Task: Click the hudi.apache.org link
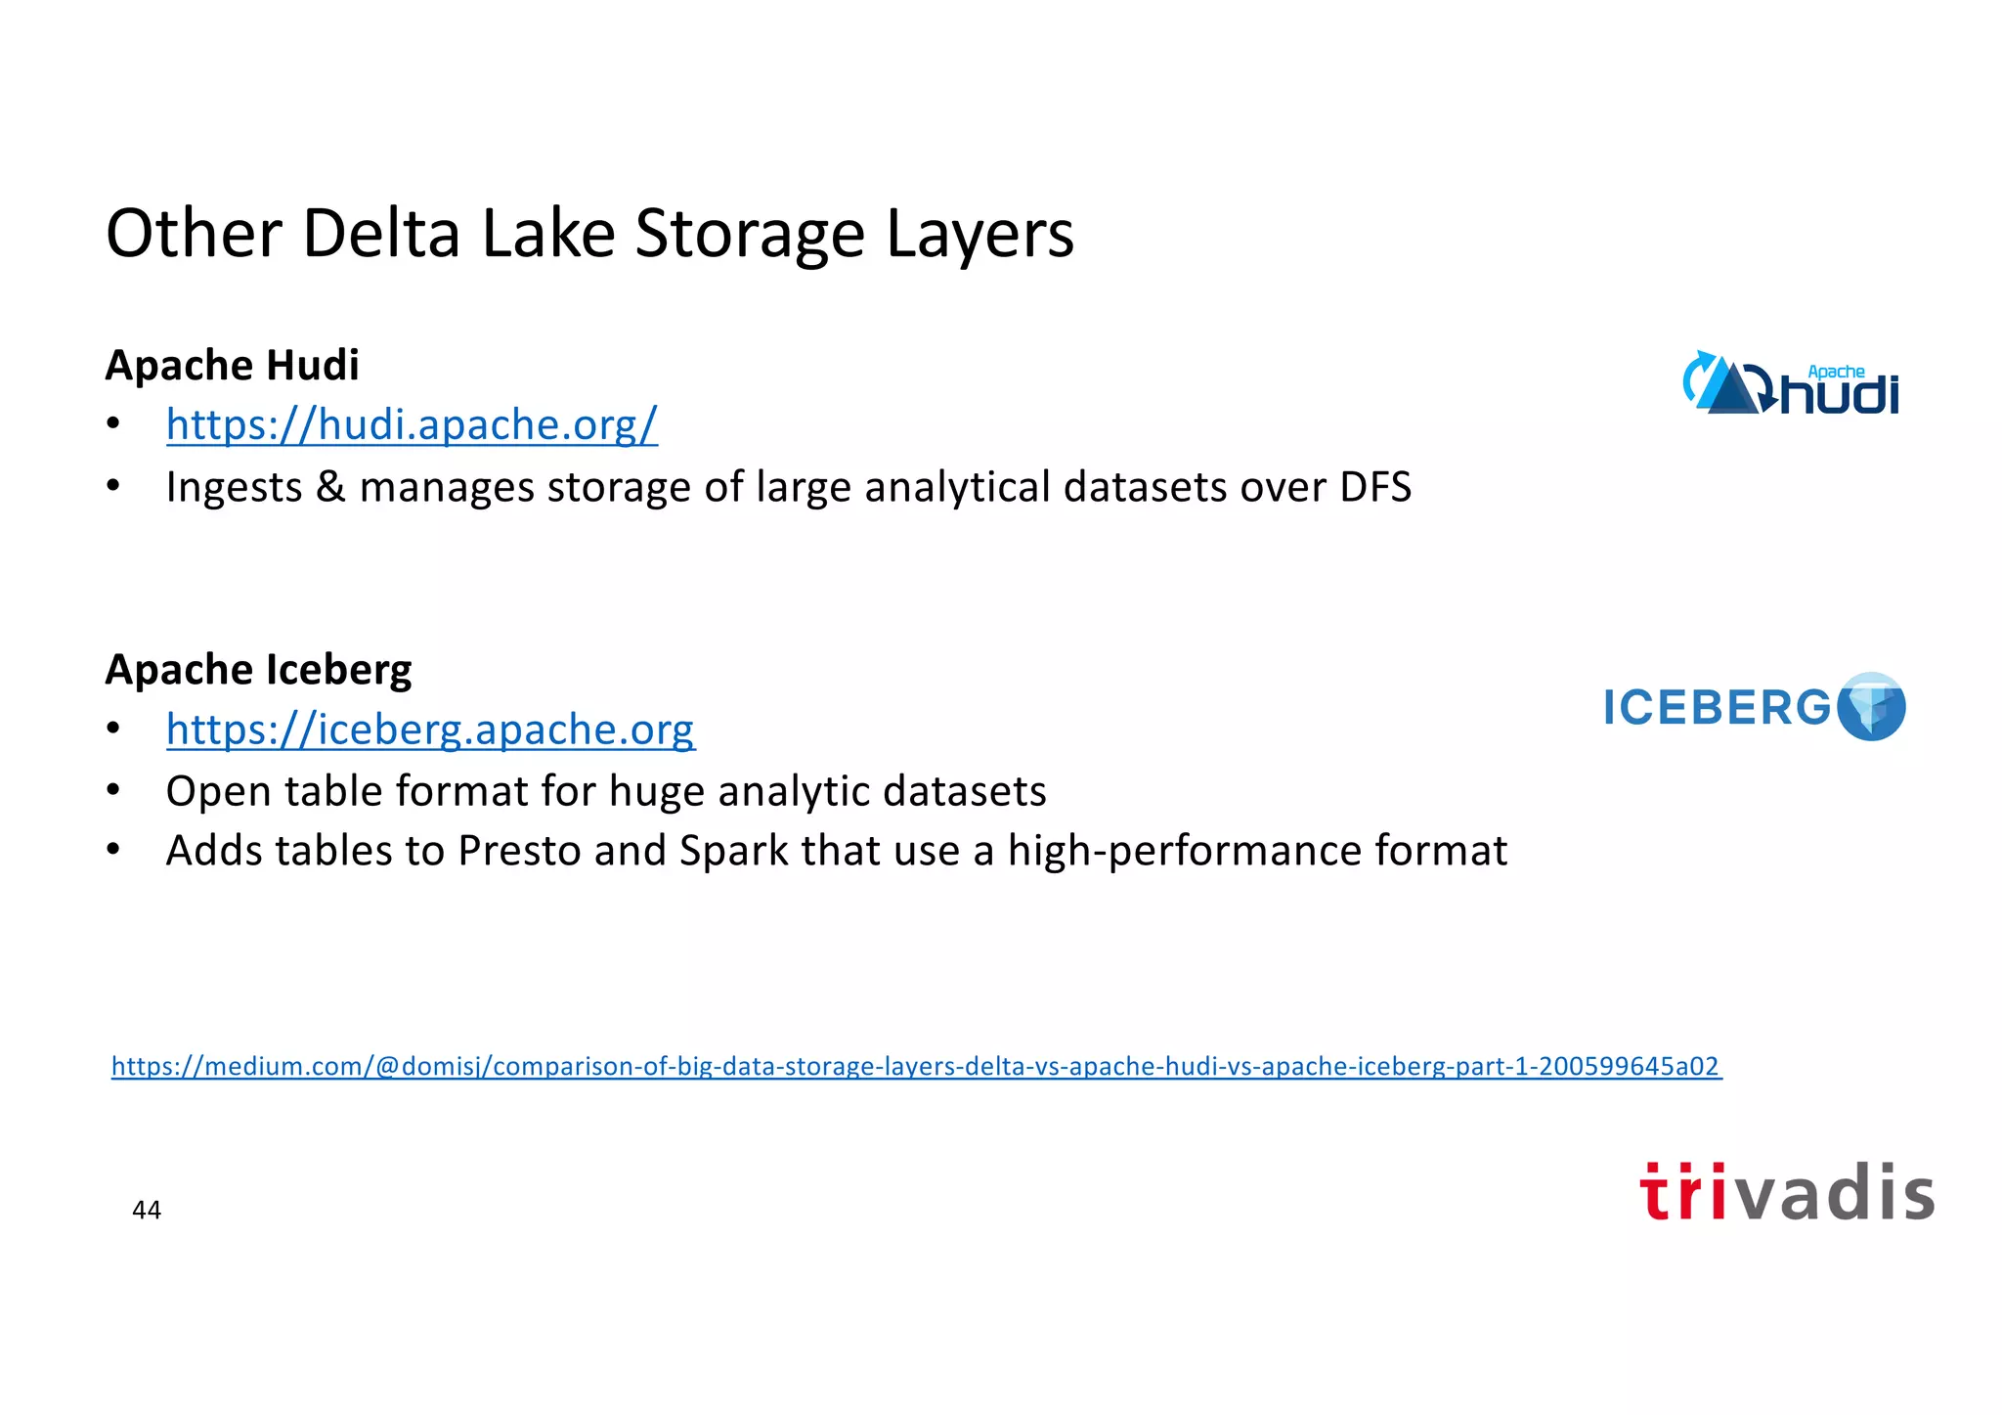pos(412,425)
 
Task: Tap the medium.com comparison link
pos(916,1066)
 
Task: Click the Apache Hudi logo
pos(1791,384)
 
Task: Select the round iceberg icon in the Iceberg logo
pos(1871,706)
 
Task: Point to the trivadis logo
pos(1787,1193)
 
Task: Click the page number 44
pos(147,1211)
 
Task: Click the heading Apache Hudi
pos(233,366)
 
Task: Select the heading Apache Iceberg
pos(258,670)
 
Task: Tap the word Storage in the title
pos(751,235)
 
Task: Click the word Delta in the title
pos(381,235)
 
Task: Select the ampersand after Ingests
pos(331,488)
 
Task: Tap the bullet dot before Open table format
pos(113,790)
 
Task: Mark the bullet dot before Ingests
pos(113,486)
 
